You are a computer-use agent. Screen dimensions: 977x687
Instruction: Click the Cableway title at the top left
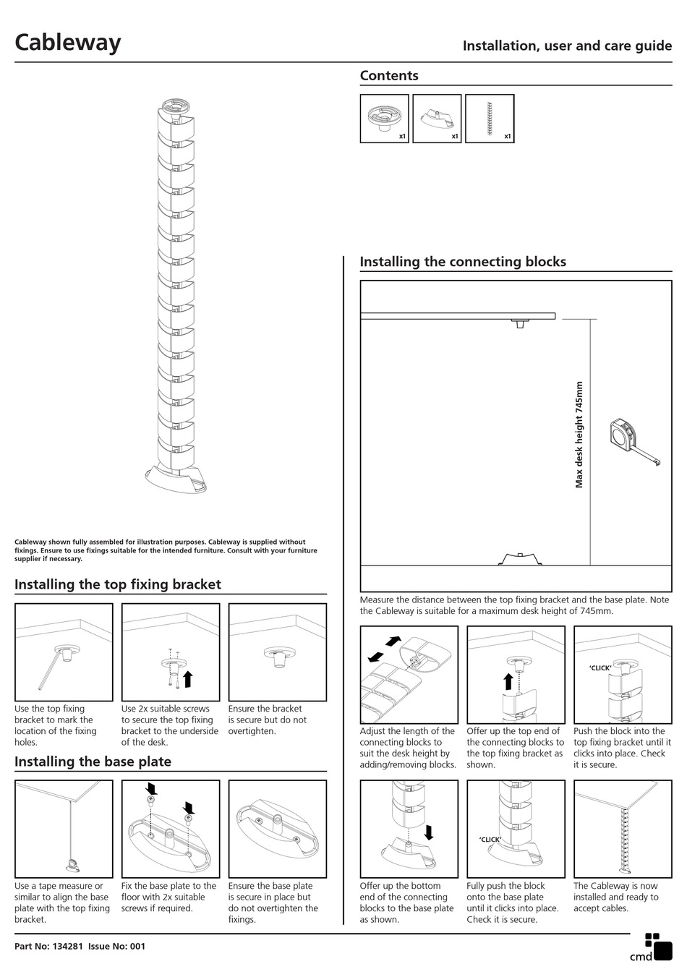coord(68,42)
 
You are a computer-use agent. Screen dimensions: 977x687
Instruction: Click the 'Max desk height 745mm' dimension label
coord(579,435)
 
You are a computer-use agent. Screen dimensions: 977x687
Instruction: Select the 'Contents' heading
coord(389,76)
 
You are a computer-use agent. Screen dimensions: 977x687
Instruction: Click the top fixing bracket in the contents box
coord(384,117)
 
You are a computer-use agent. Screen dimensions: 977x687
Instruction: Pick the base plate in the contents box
coord(436,118)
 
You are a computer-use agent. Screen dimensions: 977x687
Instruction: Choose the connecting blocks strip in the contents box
coord(490,119)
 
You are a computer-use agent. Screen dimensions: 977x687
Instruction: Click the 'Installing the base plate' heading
coord(93,761)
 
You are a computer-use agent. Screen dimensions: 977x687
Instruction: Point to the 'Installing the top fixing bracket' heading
coord(118,584)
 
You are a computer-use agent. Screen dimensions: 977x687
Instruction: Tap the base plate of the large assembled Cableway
coord(176,479)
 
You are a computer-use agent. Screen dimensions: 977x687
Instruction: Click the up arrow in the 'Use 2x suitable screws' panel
coord(188,678)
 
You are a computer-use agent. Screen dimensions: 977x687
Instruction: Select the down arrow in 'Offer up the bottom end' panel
coord(429,832)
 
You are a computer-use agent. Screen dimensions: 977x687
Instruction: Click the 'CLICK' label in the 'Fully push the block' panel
coord(490,840)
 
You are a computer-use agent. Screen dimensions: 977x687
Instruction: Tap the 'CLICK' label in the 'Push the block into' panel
coord(599,667)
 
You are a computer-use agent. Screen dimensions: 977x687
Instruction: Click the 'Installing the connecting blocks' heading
coord(463,262)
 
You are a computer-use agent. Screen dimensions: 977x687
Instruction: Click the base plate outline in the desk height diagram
coord(520,558)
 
